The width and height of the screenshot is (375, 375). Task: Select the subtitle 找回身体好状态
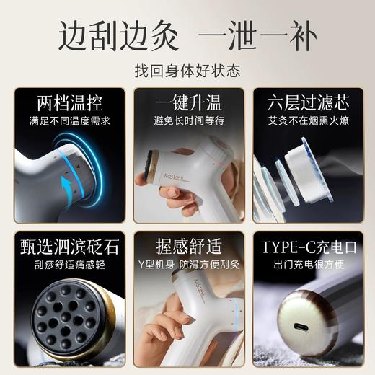(187, 71)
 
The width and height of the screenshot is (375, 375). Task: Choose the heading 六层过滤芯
(307, 101)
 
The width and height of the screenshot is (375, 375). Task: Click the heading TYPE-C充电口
(307, 246)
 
